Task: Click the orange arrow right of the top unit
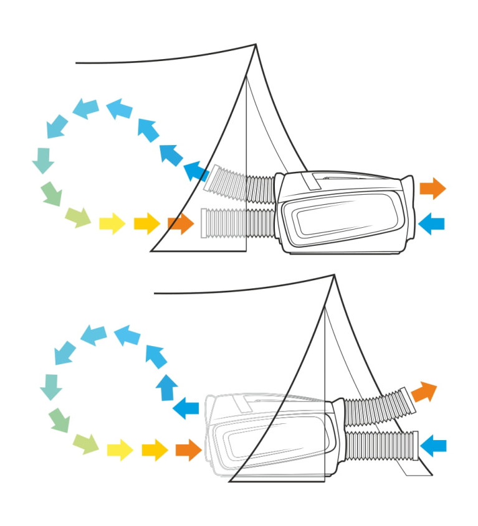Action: [433, 187]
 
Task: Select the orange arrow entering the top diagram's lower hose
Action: [181, 223]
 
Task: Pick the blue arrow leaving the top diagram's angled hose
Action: [196, 170]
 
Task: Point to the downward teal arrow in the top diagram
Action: [43, 160]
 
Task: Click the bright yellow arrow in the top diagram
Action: [112, 222]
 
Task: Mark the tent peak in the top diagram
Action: [256, 45]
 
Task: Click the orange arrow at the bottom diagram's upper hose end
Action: [424, 391]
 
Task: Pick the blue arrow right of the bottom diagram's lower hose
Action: [434, 445]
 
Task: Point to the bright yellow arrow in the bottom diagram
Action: [120, 449]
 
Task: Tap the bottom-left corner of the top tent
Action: [152, 250]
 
